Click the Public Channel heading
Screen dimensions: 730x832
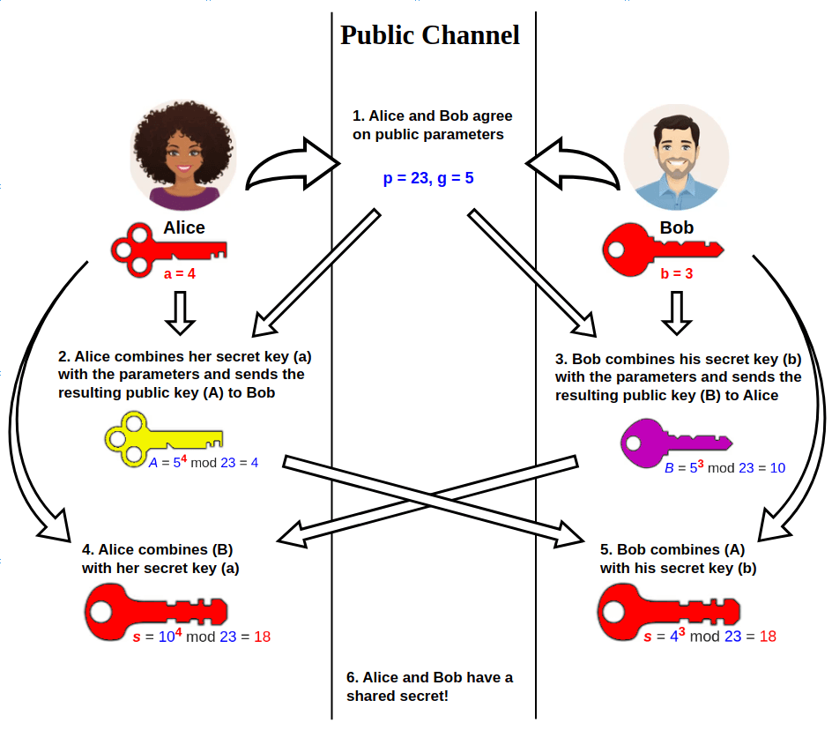coord(430,35)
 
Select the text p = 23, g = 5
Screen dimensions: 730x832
coord(428,178)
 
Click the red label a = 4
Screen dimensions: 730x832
coord(180,274)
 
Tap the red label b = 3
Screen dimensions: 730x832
coord(677,274)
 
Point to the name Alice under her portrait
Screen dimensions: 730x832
coord(184,227)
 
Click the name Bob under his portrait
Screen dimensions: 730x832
coord(677,227)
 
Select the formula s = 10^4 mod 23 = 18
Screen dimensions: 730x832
coord(201,637)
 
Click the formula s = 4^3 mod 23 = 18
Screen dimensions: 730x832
coord(709,637)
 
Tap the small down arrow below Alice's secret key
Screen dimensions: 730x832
coord(180,313)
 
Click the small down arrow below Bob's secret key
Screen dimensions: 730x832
coord(677,313)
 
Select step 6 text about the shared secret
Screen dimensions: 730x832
coord(429,687)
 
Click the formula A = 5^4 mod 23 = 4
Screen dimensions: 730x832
coord(204,461)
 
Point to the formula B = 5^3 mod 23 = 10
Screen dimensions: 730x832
coord(724,467)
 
